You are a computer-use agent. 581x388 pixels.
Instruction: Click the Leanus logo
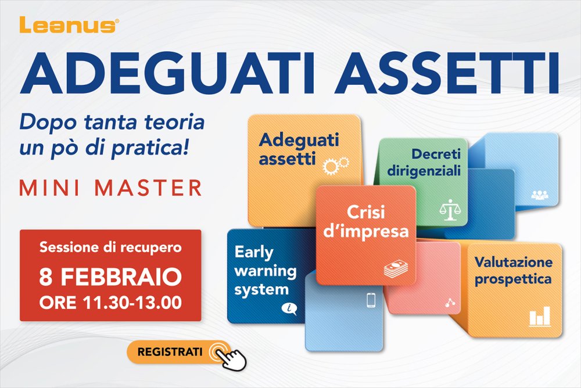click(69, 24)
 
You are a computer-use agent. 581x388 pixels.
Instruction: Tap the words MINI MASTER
click(110, 188)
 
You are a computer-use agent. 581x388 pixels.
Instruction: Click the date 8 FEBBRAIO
click(110, 278)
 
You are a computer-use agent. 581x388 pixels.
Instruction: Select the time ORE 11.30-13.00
click(110, 302)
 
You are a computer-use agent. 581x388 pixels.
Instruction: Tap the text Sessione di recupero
click(110, 247)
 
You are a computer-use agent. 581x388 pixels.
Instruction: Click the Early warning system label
click(265, 271)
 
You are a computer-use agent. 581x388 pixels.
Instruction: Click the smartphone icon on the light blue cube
click(371, 300)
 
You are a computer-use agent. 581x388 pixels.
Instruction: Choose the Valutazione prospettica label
click(513, 271)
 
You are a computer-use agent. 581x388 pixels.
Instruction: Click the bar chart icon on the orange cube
click(539, 317)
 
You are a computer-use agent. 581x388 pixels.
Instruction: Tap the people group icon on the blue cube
click(539, 195)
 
